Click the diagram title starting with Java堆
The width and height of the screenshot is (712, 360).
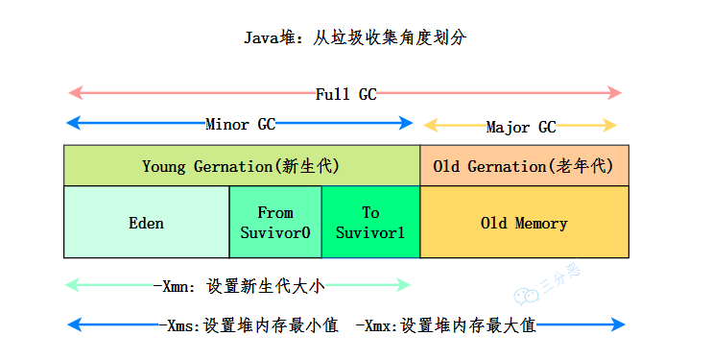point(356,37)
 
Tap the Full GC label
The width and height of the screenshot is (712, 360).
point(345,94)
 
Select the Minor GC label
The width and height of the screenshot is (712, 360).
point(240,124)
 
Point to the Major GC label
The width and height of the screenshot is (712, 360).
point(520,127)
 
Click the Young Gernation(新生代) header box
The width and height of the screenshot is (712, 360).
point(241,166)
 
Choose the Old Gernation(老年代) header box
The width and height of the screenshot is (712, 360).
point(524,166)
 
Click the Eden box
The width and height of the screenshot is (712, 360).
point(146,223)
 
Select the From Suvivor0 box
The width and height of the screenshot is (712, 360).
point(275,223)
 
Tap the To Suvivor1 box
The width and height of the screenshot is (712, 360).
point(370,223)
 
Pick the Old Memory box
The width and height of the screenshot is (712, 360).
point(524,223)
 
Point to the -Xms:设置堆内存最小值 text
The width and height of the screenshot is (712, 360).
point(248,324)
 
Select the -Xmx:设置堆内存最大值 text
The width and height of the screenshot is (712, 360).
point(445,324)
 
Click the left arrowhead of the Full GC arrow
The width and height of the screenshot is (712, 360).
point(72,93)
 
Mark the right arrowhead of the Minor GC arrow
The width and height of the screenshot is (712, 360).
point(407,123)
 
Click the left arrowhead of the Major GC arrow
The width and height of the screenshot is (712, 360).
point(430,126)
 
